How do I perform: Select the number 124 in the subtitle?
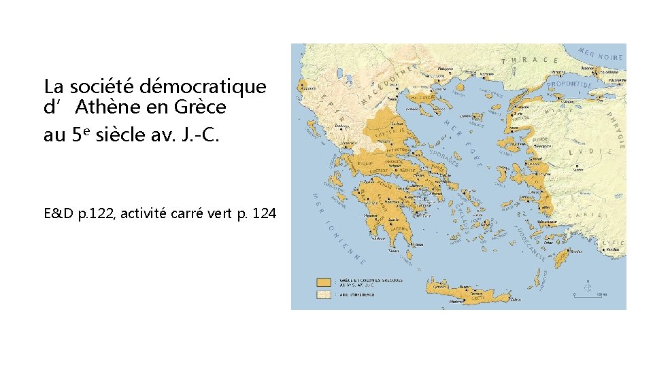[x=263, y=213]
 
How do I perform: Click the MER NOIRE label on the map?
[x=601, y=54]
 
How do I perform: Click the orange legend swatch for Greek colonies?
[x=322, y=282]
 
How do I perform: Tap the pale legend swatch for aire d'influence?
[x=322, y=295]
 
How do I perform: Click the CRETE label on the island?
[x=478, y=298]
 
